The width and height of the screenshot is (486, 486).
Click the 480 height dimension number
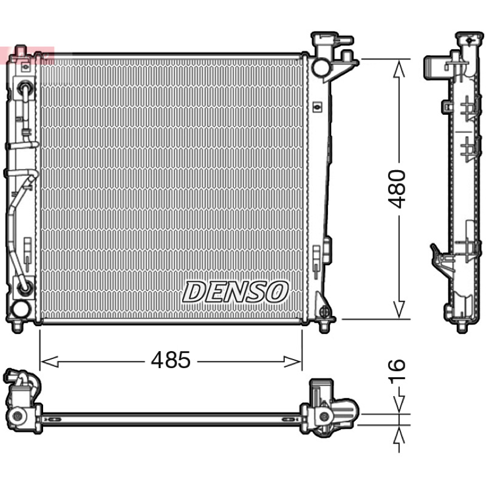397,189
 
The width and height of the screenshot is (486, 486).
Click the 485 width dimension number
171,360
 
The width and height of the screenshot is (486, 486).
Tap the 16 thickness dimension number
397,370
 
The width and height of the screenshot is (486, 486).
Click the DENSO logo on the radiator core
235,292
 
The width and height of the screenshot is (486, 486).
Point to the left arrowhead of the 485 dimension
49,361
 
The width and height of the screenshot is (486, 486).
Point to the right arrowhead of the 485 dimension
293,361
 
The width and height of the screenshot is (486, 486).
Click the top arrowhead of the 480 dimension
399,69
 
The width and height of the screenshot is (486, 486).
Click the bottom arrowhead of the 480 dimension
399,309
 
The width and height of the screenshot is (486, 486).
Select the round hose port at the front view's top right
321,67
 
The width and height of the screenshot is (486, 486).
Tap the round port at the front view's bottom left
21,309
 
